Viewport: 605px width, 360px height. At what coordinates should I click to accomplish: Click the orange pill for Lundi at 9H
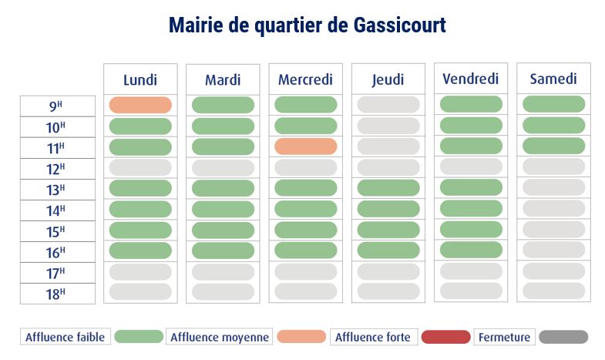click(x=140, y=105)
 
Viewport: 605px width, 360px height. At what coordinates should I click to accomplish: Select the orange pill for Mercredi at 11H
click(x=305, y=146)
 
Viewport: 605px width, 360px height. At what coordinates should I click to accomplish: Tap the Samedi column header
click(x=553, y=79)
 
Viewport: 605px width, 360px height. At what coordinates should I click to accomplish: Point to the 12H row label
click(x=57, y=169)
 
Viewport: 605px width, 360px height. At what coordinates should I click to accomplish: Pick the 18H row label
click(x=57, y=294)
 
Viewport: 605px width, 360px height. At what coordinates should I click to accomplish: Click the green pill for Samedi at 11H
click(x=553, y=146)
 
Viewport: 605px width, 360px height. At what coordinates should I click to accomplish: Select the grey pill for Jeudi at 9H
click(x=388, y=105)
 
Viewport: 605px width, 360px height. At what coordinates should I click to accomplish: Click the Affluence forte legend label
click(x=375, y=337)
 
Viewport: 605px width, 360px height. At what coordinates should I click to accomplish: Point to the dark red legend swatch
click(x=445, y=337)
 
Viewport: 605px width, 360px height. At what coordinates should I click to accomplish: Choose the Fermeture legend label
click(x=504, y=337)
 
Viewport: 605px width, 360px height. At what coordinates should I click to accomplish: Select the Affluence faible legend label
click(x=66, y=337)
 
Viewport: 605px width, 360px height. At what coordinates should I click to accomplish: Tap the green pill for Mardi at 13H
click(x=223, y=188)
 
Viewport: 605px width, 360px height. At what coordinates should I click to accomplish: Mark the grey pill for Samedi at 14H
click(x=553, y=208)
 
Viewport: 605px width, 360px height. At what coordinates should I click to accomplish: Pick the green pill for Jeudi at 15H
click(x=388, y=230)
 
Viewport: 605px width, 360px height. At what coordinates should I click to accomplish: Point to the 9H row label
click(x=57, y=106)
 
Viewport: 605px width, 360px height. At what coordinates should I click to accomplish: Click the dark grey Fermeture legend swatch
click(x=563, y=337)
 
